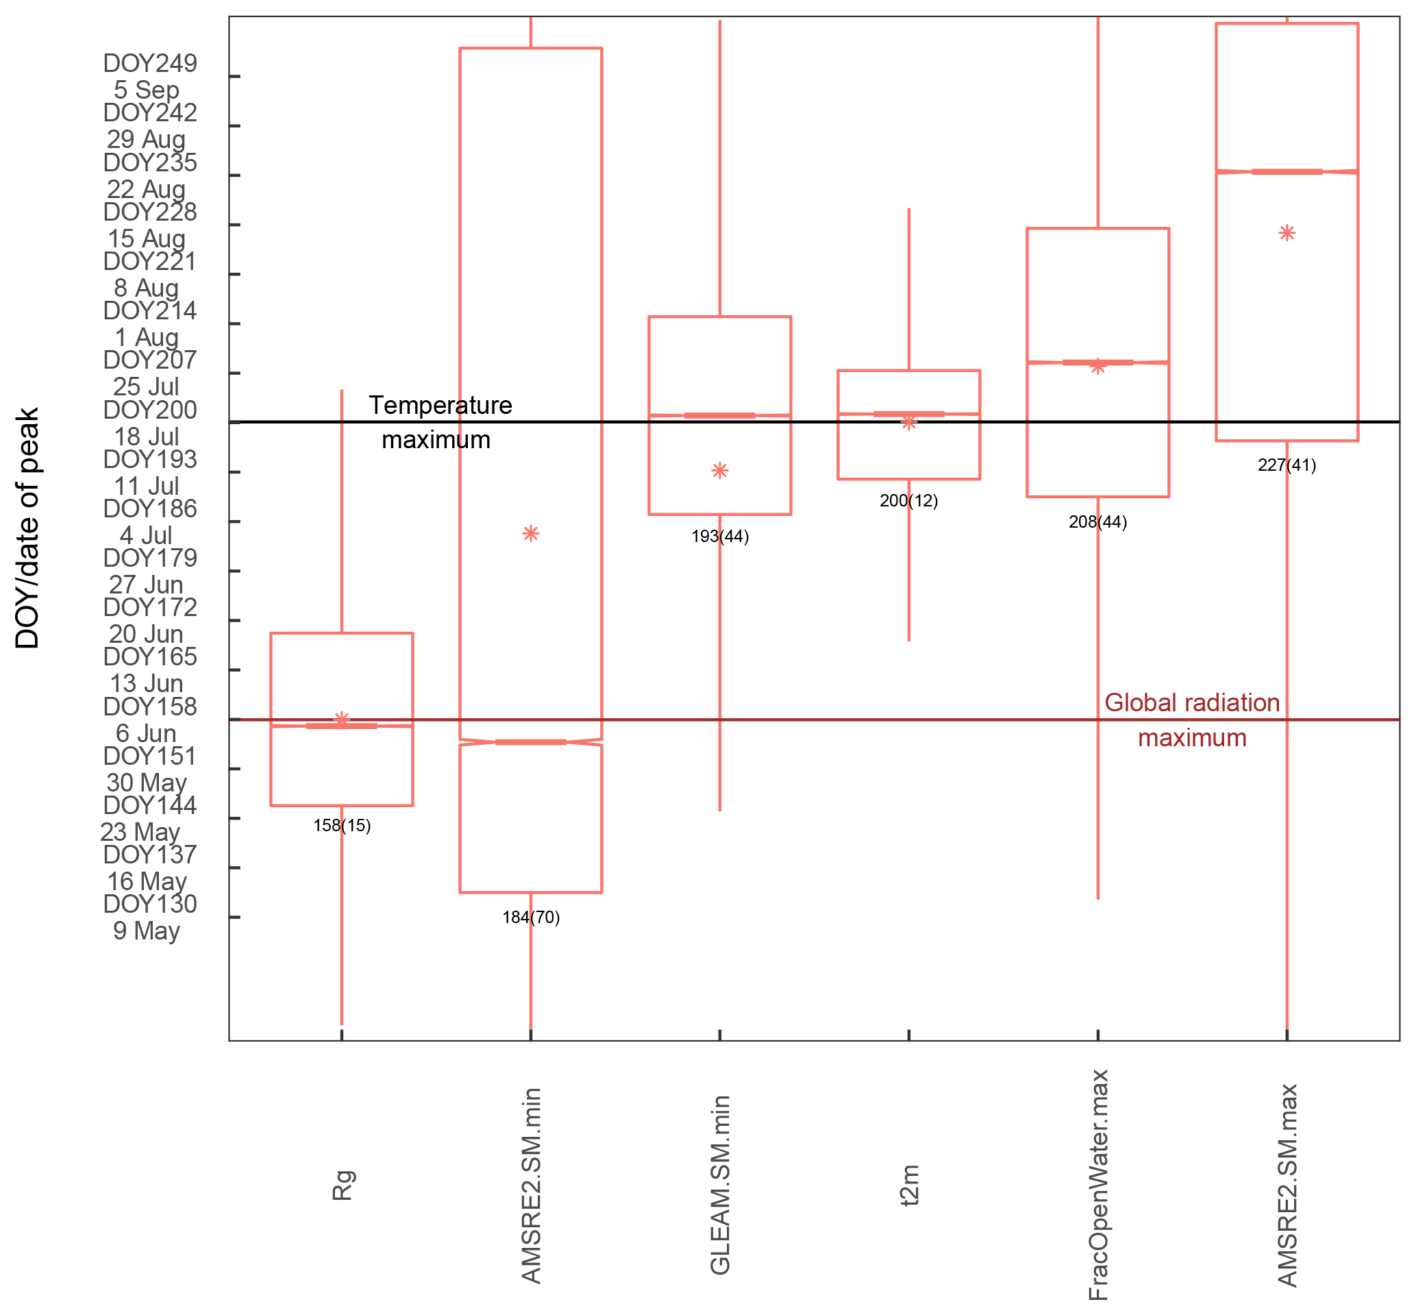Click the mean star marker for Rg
[x=341, y=719]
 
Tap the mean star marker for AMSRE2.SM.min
[x=530, y=534]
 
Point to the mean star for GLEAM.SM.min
[x=720, y=470]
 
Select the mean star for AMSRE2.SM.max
[x=1287, y=233]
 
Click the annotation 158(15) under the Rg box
[x=342, y=826]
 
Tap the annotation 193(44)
[x=720, y=537]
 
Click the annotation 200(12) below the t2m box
[x=909, y=501]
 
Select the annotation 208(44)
[x=1097, y=522]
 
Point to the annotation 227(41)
[x=1287, y=465]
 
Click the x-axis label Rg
[x=343, y=1185]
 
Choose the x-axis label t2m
[x=910, y=1185]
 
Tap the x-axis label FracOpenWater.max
[x=1099, y=1185]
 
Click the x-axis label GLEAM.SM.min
[x=721, y=1185]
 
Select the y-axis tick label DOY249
[x=150, y=63]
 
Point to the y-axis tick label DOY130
[x=150, y=904]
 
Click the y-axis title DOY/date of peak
[x=27, y=528]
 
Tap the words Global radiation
[x=1192, y=703]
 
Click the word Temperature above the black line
[x=440, y=406]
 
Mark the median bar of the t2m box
[x=909, y=414]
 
